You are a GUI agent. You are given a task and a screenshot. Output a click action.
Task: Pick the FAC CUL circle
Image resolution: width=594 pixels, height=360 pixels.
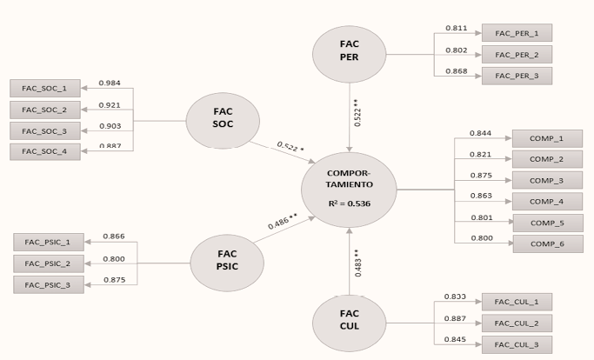coord(349,322)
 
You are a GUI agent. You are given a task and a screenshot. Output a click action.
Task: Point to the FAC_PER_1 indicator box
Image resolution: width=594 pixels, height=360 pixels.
coord(517,34)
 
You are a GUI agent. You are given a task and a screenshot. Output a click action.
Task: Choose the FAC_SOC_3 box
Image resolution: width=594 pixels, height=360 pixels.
coord(44,130)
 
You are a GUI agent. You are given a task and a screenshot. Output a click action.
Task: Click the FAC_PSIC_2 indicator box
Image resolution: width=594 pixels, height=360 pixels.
coord(49,263)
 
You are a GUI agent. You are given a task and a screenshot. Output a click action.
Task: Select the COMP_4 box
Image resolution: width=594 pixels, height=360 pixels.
coord(547,202)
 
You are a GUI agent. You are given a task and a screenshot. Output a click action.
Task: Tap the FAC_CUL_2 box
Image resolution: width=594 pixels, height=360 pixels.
coord(517,323)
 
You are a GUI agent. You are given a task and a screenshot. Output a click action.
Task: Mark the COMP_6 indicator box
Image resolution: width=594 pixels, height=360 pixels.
coord(547,243)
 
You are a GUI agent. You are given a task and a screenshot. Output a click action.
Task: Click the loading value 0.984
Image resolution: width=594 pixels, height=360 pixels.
coord(109,83)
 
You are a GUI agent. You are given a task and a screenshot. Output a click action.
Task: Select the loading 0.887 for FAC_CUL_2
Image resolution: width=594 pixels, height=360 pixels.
coord(455,318)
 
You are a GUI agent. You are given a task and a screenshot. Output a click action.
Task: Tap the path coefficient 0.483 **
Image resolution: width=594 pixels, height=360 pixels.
coord(359,262)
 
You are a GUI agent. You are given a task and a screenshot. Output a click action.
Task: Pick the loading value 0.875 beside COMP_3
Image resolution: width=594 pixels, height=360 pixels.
coord(481,175)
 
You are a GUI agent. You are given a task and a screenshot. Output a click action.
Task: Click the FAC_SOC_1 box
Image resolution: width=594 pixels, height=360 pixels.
coord(44,88)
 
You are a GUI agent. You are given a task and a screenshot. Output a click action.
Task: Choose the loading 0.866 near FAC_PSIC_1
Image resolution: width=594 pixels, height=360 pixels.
coord(114,236)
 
